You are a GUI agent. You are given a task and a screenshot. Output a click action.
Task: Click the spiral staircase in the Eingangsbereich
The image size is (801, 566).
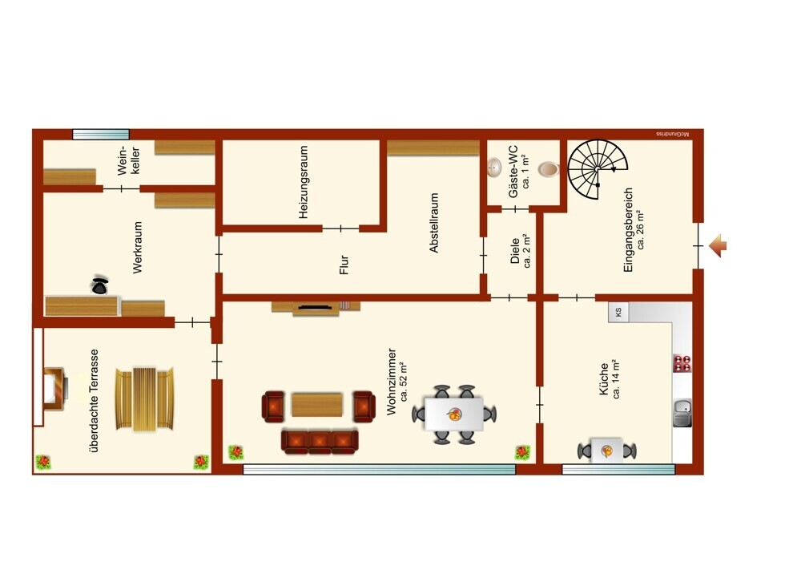[598, 169]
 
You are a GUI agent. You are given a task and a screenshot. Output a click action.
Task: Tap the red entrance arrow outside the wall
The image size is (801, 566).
[718, 246]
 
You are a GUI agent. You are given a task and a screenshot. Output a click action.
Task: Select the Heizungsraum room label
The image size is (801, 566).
[304, 183]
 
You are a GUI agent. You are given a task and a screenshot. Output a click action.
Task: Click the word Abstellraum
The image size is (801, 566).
[433, 222]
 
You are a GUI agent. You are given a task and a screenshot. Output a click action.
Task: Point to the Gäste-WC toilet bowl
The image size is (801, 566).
[549, 168]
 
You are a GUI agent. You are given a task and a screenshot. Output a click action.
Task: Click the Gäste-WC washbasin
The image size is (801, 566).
[494, 168]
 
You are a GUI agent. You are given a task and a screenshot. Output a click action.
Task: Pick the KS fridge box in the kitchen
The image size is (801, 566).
[618, 312]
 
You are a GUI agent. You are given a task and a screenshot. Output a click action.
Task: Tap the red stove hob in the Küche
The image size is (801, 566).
[682, 363]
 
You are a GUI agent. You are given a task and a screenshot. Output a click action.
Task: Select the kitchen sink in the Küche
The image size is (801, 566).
[682, 413]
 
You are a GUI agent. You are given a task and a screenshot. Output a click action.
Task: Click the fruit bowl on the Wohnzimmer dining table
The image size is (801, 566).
[454, 414]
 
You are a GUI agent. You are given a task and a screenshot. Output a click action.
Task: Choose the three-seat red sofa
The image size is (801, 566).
[320, 443]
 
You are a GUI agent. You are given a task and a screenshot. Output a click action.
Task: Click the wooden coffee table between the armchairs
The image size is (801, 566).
[316, 405]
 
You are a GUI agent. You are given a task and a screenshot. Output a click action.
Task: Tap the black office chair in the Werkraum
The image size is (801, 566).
[99, 285]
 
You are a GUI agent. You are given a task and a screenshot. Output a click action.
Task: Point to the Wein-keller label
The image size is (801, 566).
[128, 161]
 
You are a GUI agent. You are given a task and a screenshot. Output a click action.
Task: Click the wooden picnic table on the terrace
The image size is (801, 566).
[145, 399]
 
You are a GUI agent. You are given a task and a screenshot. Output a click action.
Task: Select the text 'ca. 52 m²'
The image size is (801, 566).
[404, 382]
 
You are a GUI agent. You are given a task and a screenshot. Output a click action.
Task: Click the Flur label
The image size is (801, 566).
[344, 265]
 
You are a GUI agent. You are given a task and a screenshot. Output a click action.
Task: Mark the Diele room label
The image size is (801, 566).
[515, 251]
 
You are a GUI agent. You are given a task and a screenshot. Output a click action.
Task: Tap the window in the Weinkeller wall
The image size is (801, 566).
[101, 135]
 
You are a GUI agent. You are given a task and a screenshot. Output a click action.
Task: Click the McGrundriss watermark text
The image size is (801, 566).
[673, 134]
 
